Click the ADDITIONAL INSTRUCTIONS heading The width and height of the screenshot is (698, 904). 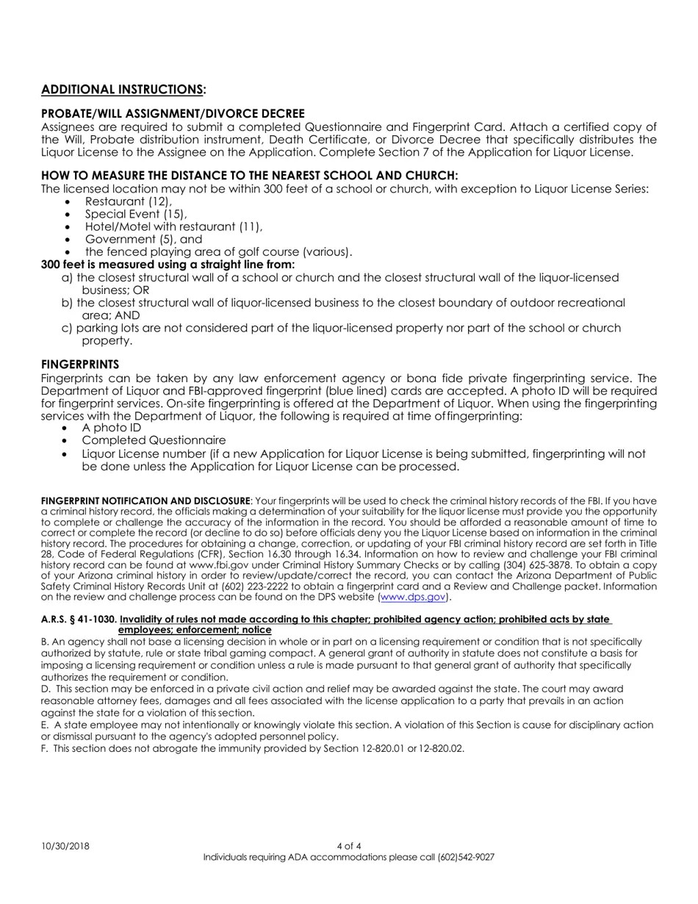pyautogui.click(x=123, y=90)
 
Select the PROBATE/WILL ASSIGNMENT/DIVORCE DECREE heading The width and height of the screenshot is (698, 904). pyautogui.click(x=173, y=114)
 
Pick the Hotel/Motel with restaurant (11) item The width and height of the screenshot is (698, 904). pyautogui.click(x=173, y=226)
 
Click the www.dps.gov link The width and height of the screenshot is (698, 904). pyautogui.click(x=412, y=597)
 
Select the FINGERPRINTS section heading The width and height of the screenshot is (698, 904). pyautogui.click(x=80, y=365)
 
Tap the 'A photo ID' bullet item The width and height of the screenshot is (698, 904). pyautogui.click(x=111, y=428)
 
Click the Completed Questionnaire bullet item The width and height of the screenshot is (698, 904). pyautogui.click(x=154, y=440)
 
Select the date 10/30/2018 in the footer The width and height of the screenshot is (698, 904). pyautogui.click(x=65, y=846)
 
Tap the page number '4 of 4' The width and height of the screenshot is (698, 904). pyautogui.click(x=349, y=846)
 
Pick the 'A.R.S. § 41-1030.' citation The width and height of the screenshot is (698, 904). pyautogui.click(x=79, y=620)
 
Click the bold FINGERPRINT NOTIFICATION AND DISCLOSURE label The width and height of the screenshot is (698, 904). pyautogui.click(x=145, y=501)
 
